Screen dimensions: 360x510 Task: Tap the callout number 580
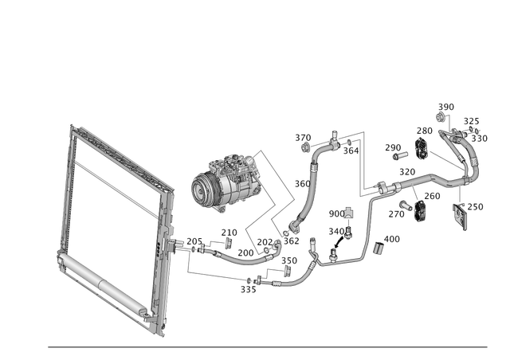coord(446,106)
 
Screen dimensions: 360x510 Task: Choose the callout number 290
coord(393,147)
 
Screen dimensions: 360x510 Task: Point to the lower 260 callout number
coord(433,196)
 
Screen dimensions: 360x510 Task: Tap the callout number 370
coord(303,137)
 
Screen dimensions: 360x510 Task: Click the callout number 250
coord(301,182)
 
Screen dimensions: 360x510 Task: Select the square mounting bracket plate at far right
coord(460,215)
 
